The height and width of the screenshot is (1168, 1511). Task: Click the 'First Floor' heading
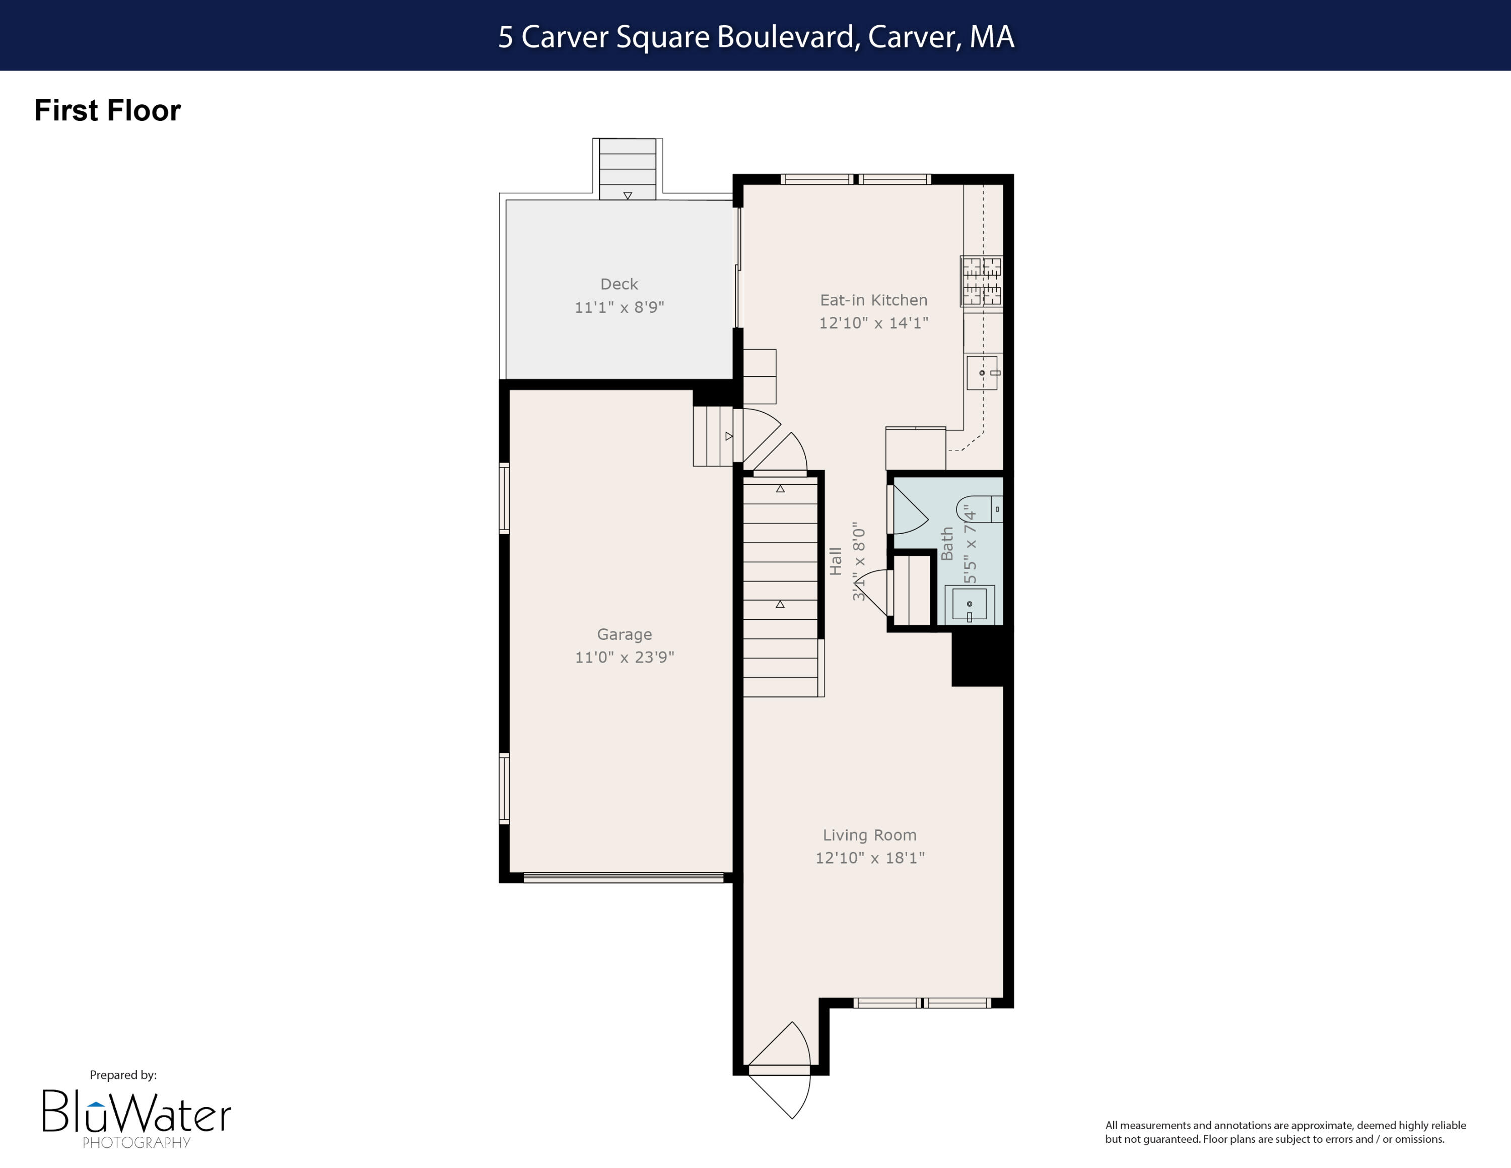(107, 111)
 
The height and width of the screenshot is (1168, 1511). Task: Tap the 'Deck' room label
(619, 284)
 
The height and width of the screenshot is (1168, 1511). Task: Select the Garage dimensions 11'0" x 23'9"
(624, 657)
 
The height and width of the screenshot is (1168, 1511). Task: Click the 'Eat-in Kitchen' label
(873, 300)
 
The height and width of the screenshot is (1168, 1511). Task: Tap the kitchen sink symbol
(982, 373)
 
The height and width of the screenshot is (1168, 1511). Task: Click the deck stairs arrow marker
(628, 196)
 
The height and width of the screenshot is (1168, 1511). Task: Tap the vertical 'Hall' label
(836, 561)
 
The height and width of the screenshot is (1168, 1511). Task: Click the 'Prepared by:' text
(123, 1075)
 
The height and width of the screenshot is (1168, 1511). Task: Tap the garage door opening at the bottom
(623, 877)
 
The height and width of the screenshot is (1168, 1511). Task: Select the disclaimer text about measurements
(1285, 1132)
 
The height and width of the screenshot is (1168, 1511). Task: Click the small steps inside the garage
(713, 436)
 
